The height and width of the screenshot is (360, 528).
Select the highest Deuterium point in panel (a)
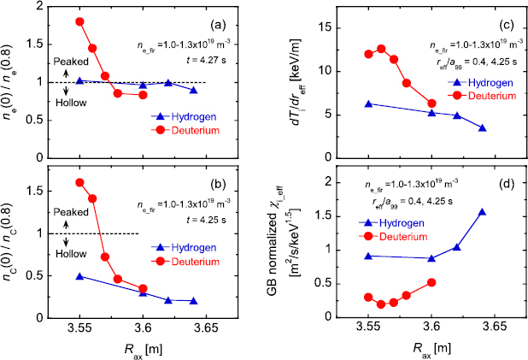(x=79, y=21)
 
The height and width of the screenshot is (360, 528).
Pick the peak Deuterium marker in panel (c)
(x=381, y=49)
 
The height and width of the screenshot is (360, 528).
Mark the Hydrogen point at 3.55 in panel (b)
(x=79, y=276)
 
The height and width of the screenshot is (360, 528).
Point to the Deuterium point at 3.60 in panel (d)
(x=432, y=282)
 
